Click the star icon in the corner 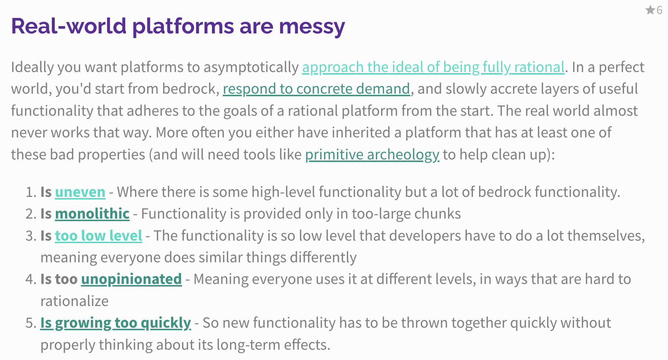650,10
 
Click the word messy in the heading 312,26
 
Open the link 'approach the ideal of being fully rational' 433,67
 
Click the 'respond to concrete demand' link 316,89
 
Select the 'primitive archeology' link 372,155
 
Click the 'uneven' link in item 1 80,192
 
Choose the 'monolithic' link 92,213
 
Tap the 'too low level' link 98,235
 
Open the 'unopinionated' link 132,279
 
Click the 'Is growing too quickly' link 116,323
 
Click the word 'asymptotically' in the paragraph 251,67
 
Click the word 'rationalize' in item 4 75,301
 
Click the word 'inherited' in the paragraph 361,133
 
